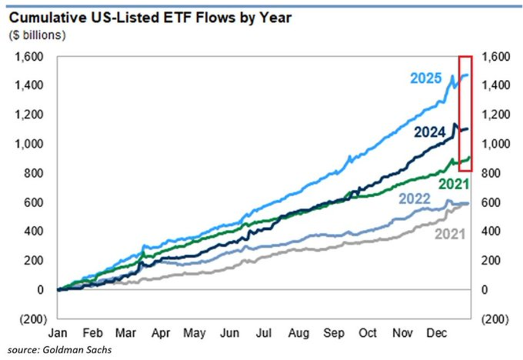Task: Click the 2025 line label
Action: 426,78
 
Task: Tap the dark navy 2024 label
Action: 430,133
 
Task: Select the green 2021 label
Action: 454,184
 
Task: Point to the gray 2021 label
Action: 450,234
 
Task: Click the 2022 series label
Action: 415,199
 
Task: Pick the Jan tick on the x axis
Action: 58,333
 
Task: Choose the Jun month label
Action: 230,333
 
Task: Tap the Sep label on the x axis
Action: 334,333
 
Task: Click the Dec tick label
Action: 437,333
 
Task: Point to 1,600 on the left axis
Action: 29,57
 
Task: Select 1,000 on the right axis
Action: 496,144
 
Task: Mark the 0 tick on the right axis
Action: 485,289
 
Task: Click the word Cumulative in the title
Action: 47,18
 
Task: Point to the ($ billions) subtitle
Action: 38,35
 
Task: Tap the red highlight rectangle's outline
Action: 459,113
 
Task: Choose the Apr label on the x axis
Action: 161,333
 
